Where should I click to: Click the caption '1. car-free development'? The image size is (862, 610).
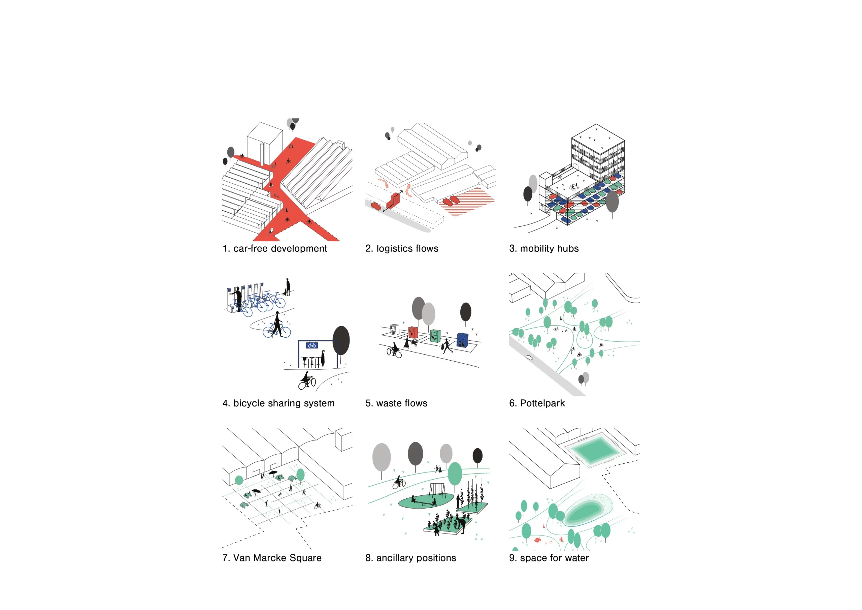click(x=274, y=248)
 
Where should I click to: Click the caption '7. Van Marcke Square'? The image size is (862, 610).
click(x=272, y=558)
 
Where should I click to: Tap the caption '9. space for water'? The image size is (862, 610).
click(x=549, y=558)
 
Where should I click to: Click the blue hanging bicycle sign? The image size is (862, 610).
click(x=311, y=345)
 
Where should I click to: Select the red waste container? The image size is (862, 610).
click(x=413, y=332)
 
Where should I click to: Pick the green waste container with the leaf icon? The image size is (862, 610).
click(x=435, y=336)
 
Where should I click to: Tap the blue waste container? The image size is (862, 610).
click(x=463, y=340)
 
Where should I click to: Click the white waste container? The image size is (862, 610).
click(x=394, y=330)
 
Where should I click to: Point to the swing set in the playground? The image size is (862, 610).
click(x=437, y=490)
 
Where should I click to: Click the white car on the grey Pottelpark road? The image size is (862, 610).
click(x=529, y=358)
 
